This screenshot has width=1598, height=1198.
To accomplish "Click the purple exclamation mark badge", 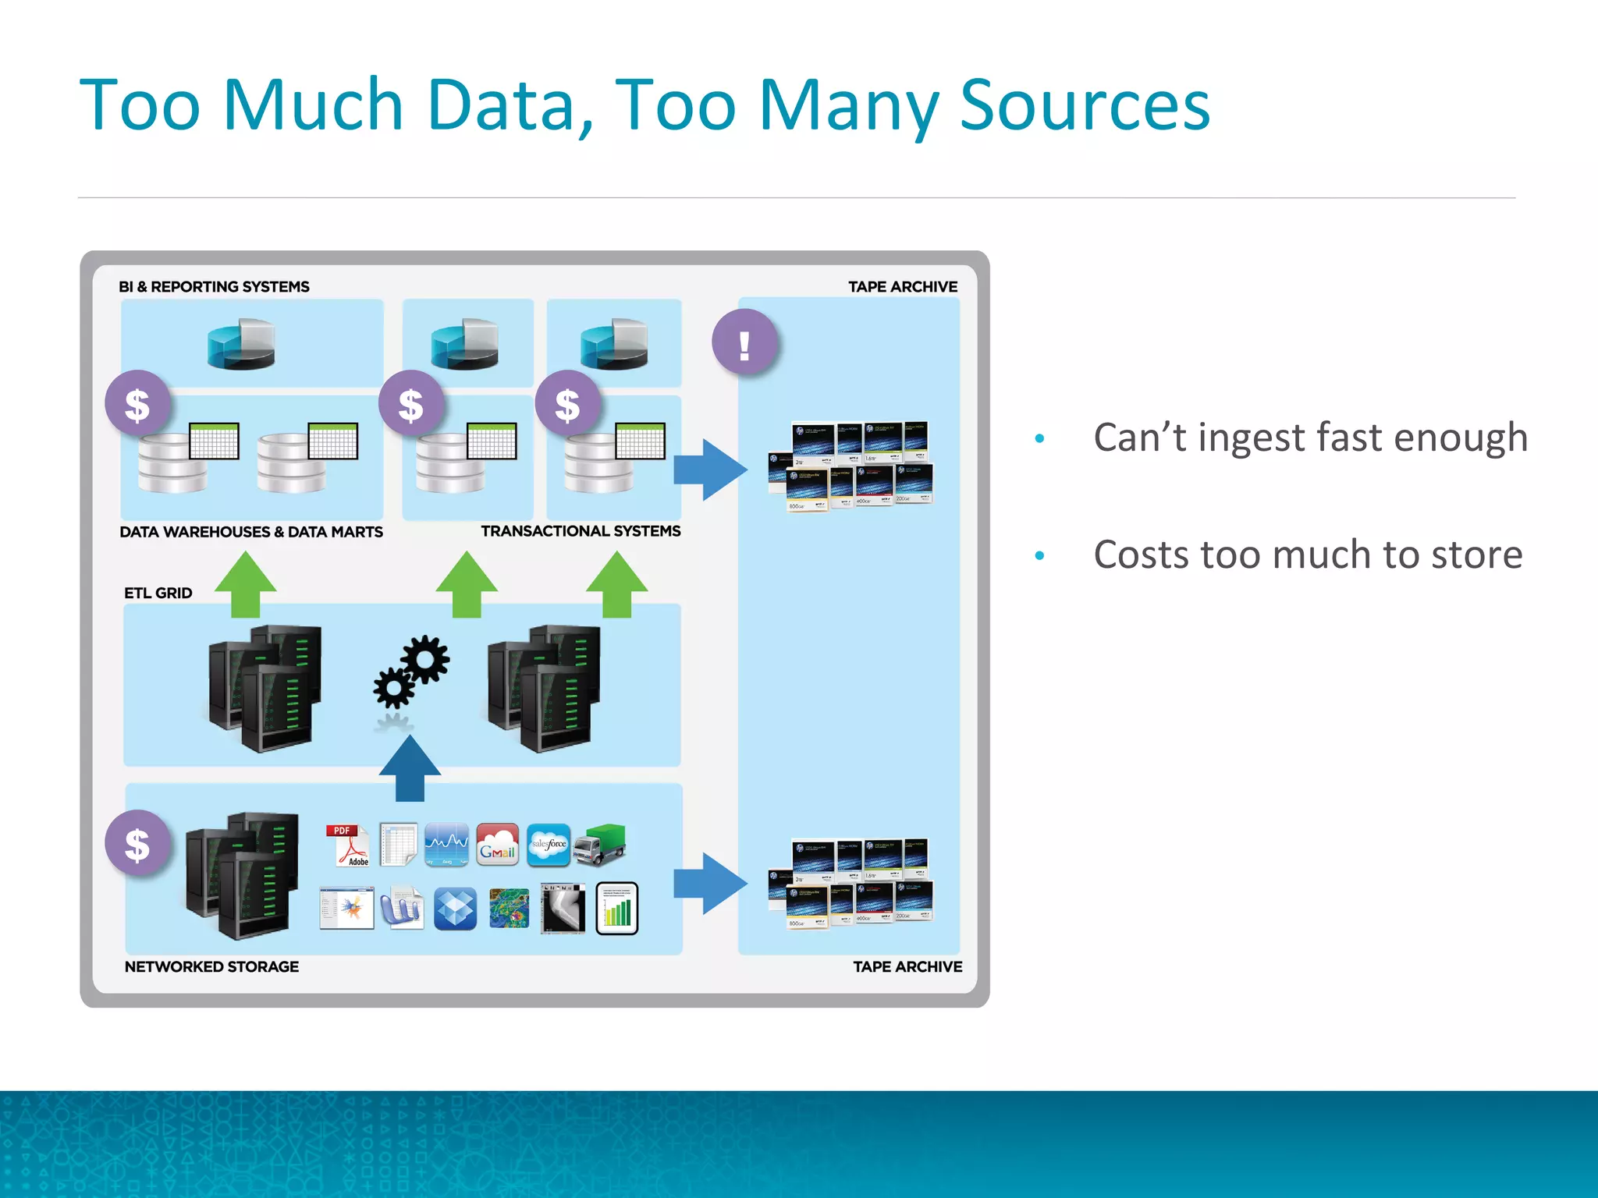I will pos(745,343).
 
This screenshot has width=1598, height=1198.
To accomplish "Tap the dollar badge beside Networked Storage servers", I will pos(138,845).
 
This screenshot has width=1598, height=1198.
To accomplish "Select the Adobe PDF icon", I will pos(347,845).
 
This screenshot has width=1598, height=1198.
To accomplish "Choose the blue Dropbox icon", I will pos(455,909).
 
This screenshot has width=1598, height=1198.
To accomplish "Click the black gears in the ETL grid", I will pos(411,672).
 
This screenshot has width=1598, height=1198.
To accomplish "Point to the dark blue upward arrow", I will pos(410,770).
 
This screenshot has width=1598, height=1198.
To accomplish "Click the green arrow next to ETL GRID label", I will pos(246,585).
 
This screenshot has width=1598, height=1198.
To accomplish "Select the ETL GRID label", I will pos(158,594).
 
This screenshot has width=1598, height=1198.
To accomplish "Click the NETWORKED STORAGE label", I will pos(211,967).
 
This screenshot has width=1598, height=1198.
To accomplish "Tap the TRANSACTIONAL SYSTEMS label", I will pos(581,531).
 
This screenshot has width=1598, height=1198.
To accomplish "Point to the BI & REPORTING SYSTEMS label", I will pos(214,287).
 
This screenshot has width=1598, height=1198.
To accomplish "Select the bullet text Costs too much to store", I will pos(1308,555).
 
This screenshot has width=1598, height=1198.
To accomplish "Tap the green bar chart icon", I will pos(617,909).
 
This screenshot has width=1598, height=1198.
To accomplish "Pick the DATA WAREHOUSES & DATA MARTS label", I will pos(251,532).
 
